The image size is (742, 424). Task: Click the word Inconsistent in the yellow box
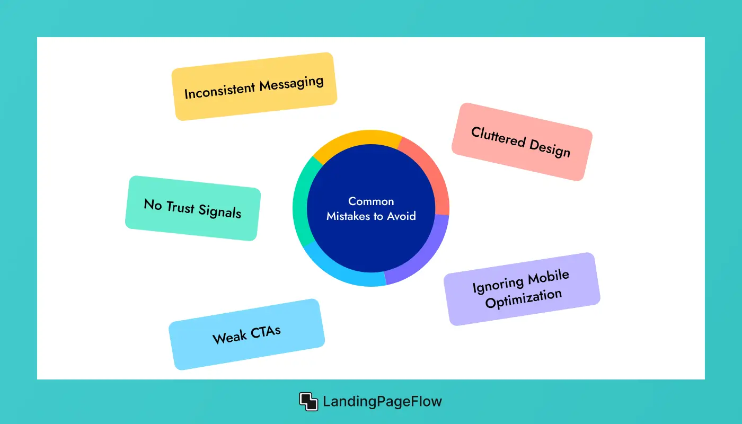click(x=220, y=91)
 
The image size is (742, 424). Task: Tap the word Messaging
click(x=291, y=84)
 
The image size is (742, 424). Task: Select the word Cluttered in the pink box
click(x=498, y=137)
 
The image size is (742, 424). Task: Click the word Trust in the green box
click(x=180, y=207)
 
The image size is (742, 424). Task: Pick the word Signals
click(x=219, y=211)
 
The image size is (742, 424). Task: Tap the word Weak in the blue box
click(x=229, y=337)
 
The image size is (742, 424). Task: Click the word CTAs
click(x=266, y=332)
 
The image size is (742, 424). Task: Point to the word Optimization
click(x=524, y=298)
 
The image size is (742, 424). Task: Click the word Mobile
click(x=549, y=277)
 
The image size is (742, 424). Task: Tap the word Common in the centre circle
click(x=371, y=201)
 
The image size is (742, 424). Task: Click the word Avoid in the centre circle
click(x=402, y=216)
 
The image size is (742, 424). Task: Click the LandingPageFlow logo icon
click(x=308, y=402)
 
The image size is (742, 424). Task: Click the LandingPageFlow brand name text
click(x=382, y=402)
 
